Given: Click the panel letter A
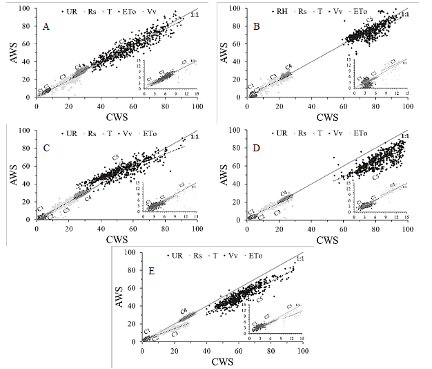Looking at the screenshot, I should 46,26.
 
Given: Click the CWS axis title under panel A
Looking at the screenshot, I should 116,117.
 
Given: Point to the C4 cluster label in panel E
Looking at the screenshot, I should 184,311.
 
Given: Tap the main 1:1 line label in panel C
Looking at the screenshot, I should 193,137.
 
